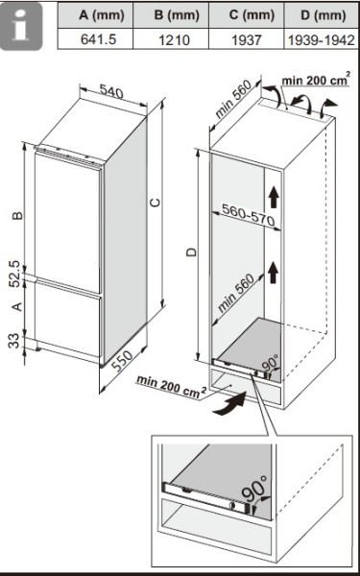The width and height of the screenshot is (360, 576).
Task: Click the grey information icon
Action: point(26,27)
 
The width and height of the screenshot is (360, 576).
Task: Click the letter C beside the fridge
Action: point(155,201)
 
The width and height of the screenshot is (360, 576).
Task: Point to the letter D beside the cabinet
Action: point(191,252)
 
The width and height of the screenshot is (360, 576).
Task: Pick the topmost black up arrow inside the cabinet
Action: point(276,197)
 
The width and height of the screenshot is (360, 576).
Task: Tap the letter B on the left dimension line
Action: point(15,217)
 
